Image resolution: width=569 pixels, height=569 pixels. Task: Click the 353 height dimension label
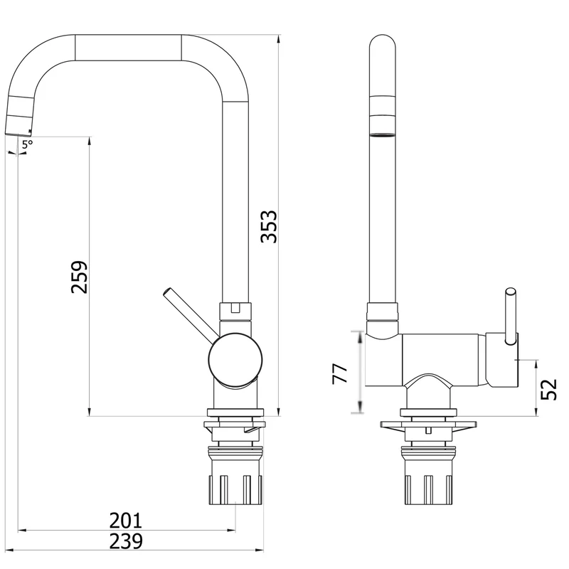[x=269, y=226]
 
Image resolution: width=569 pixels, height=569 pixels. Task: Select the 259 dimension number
[x=80, y=277]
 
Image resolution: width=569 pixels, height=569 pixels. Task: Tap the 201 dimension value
[x=126, y=521]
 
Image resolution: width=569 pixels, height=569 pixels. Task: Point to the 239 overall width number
[x=126, y=541]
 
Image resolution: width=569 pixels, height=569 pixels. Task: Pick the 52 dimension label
[x=548, y=389]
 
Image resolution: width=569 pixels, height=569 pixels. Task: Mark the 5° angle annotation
[x=27, y=144]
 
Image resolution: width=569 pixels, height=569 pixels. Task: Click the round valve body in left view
[x=235, y=360]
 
